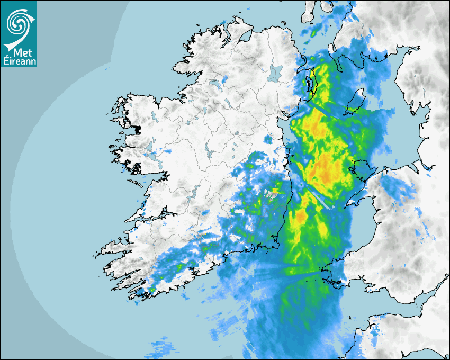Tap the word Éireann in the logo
pyautogui.click(x=19, y=60)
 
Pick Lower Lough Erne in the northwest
pyautogui.click(x=214, y=85)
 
